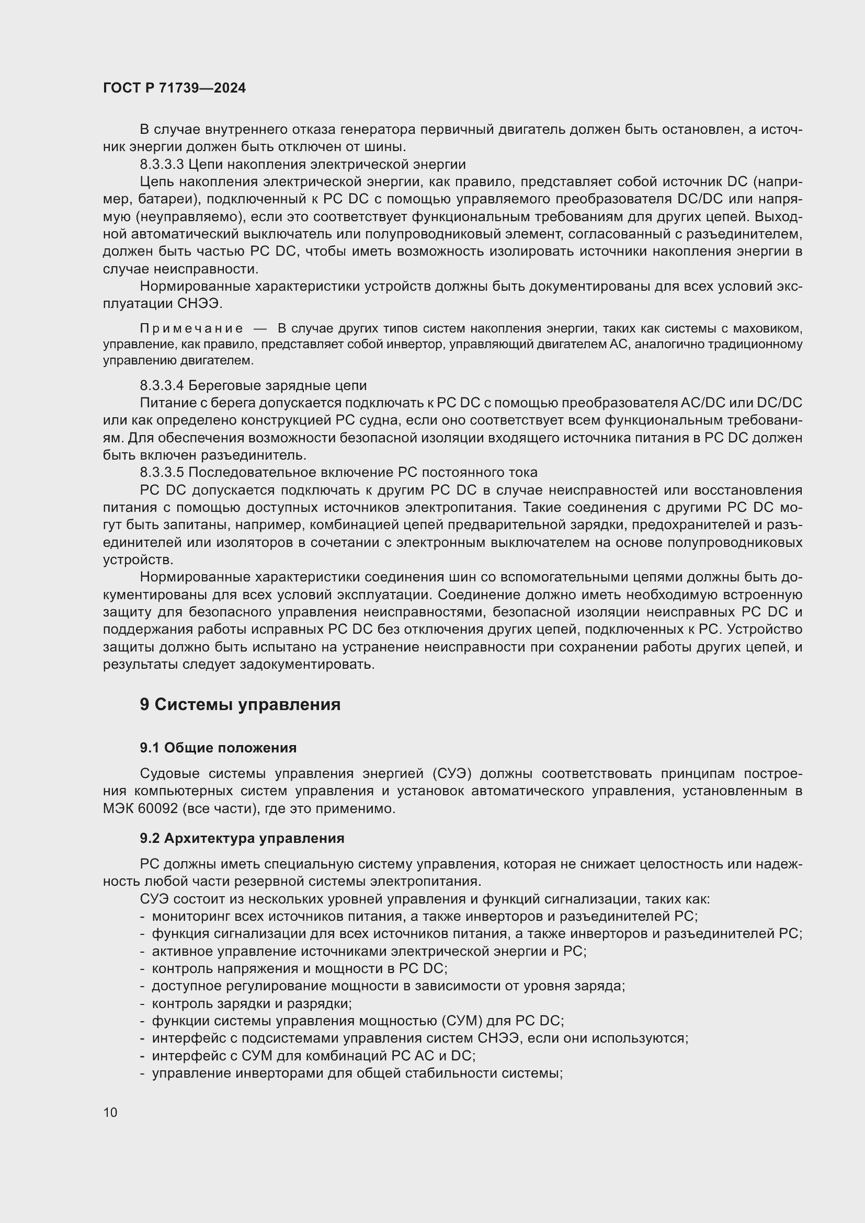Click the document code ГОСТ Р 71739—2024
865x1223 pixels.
pos(174,88)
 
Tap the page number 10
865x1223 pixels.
pos(110,1112)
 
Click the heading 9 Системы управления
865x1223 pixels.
pos(240,705)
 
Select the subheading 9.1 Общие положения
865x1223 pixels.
pos(218,748)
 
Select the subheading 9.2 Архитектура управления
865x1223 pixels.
pos(242,838)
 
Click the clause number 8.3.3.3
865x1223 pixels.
pos(162,164)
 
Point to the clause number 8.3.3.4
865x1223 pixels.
pos(162,385)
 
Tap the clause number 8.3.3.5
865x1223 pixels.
pos(162,473)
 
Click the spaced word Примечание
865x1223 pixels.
pos(191,328)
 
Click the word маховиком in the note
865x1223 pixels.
pos(768,328)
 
